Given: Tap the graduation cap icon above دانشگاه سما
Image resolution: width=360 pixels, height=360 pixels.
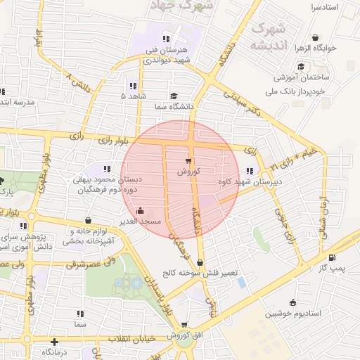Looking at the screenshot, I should click(x=173, y=96).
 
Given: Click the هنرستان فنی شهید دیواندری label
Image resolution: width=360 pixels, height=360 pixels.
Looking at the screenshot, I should click(x=169, y=56).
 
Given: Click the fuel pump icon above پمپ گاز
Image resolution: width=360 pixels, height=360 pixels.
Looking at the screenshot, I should click(x=331, y=258).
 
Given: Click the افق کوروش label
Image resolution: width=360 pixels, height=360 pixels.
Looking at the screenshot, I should click(x=184, y=335).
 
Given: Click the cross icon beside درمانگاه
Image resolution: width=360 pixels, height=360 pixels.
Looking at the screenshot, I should click(x=54, y=343).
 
